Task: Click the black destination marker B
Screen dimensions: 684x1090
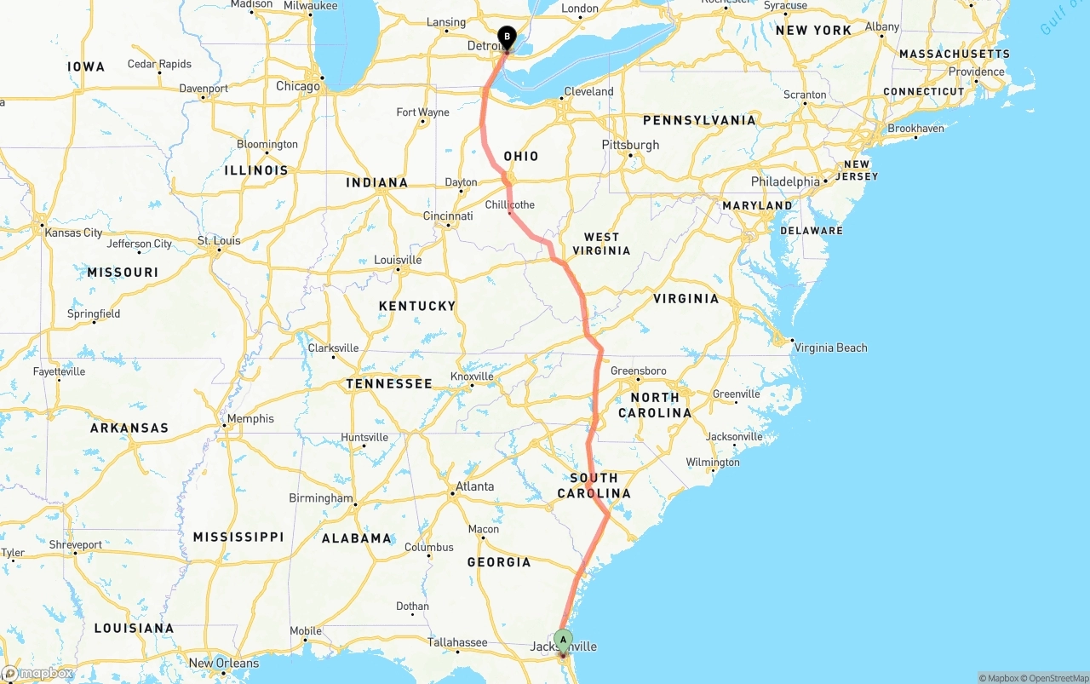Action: coord(508,37)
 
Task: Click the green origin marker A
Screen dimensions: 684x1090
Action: coord(563,640)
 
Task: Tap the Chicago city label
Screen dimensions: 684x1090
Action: coord(298,86)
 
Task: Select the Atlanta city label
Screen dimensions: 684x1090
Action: coord(474,487)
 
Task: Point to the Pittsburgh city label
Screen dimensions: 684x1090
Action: coord(630,145)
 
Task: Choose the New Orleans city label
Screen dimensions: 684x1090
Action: coord(223,664)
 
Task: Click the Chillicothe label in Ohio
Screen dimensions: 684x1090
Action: coord(510,205)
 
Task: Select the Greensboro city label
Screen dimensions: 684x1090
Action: coord(638,371)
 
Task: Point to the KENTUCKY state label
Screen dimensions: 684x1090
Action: coord(417,306)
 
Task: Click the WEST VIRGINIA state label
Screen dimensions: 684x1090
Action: coord(606,244)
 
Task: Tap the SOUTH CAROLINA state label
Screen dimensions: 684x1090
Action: coord(594,486)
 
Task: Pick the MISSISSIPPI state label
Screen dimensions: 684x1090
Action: coord(238,537)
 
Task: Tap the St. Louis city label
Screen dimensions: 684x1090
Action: coord(219,241)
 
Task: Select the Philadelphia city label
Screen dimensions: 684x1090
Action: coord(784,181)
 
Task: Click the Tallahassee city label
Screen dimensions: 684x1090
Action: coord(457,642)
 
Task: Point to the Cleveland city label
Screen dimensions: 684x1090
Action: coord(588,91)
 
